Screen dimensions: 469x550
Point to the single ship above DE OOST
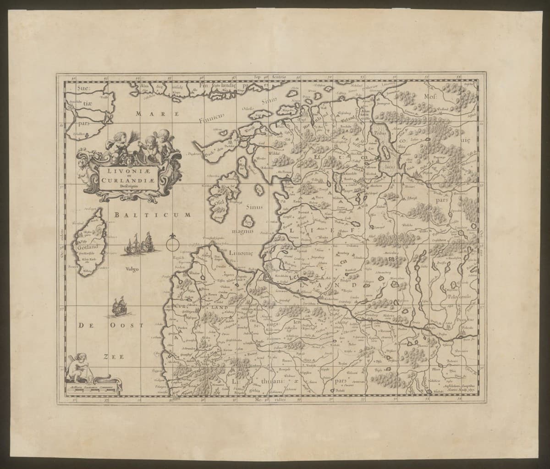coord(119,307)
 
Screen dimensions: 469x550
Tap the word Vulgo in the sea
coord(126,269)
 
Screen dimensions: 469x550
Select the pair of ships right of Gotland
coord(141,243)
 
